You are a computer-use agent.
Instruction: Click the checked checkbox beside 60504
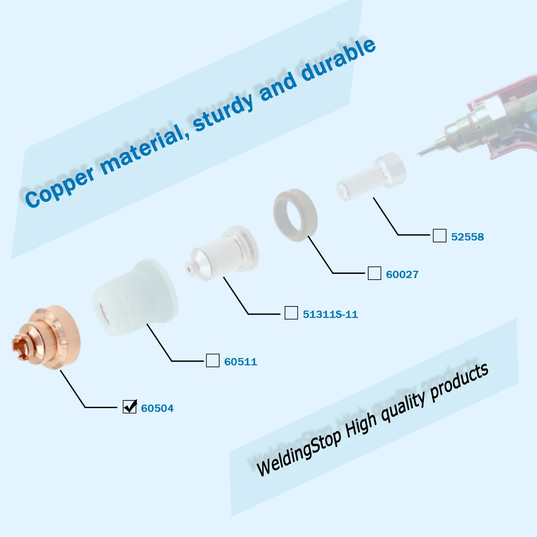tap(130, 407)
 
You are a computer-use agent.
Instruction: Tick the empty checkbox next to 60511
tap(213, 360)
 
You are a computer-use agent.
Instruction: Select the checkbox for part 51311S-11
tap(291, 313)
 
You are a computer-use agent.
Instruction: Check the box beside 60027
tap(375, 273)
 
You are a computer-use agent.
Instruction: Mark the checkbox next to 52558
tap(439, 235)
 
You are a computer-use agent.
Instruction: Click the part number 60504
tap(157, 408)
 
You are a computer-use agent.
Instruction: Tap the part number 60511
tap(240, 362)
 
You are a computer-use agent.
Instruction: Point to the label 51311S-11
tap(330, 314)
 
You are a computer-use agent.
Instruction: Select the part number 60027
tap(402, 274)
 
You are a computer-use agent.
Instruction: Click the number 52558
tap(467, 237)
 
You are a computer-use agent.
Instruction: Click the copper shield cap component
tap(46, 337)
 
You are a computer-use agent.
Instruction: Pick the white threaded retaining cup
tap(135, 297)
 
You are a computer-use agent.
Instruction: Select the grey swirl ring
tap(295, 215)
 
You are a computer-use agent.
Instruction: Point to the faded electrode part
tap(372, 176)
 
